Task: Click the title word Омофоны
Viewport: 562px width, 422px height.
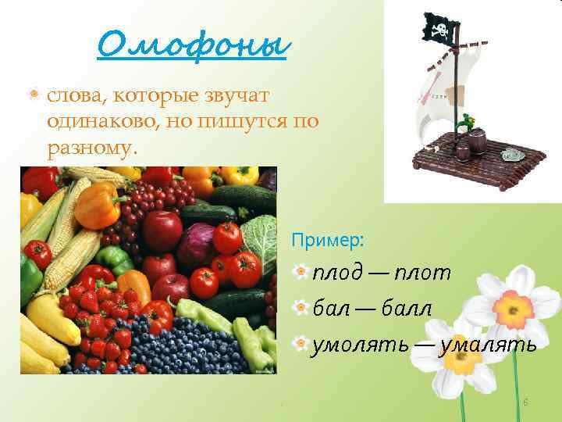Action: coord(192,45)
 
